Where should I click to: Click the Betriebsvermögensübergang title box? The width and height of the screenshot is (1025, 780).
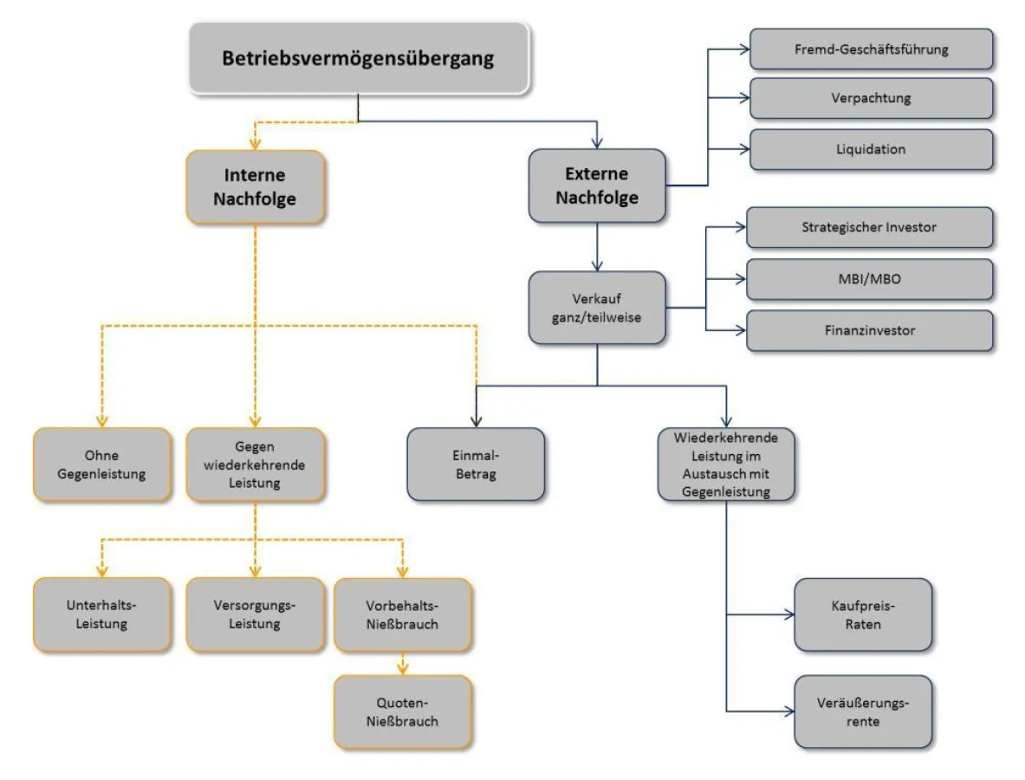(358, 58)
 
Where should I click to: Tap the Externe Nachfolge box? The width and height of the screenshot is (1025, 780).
(597, 186)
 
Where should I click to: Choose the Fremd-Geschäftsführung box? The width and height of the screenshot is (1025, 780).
(871, 49)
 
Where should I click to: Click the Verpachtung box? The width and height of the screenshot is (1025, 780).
(871, 98)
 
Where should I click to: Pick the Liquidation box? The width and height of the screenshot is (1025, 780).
(871, 148)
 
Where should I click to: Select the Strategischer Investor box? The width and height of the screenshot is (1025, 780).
(869, 227)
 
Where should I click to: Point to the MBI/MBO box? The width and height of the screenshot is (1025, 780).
(869, 279)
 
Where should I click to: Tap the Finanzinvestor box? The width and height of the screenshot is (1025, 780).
(869, 330)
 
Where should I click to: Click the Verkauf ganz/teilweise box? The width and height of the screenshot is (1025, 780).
(597, 308)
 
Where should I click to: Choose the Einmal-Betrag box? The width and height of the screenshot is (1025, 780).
(476, 464)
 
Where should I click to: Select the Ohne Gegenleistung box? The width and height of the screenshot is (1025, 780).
(102, 464)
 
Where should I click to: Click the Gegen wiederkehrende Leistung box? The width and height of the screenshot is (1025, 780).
(256, 464)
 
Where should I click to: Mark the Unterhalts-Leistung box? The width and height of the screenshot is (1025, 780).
(102, 614)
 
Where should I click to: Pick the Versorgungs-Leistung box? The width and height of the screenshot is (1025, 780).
(256, 614)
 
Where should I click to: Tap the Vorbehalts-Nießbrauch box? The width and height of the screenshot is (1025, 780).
(403, 614)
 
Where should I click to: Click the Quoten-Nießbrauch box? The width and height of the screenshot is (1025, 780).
(403, 712)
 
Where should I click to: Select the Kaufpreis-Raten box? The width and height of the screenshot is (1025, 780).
(863, 614)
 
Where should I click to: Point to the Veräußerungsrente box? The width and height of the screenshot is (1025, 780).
(863, 712)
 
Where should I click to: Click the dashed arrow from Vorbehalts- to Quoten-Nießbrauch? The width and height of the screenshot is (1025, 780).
(403, 663)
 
